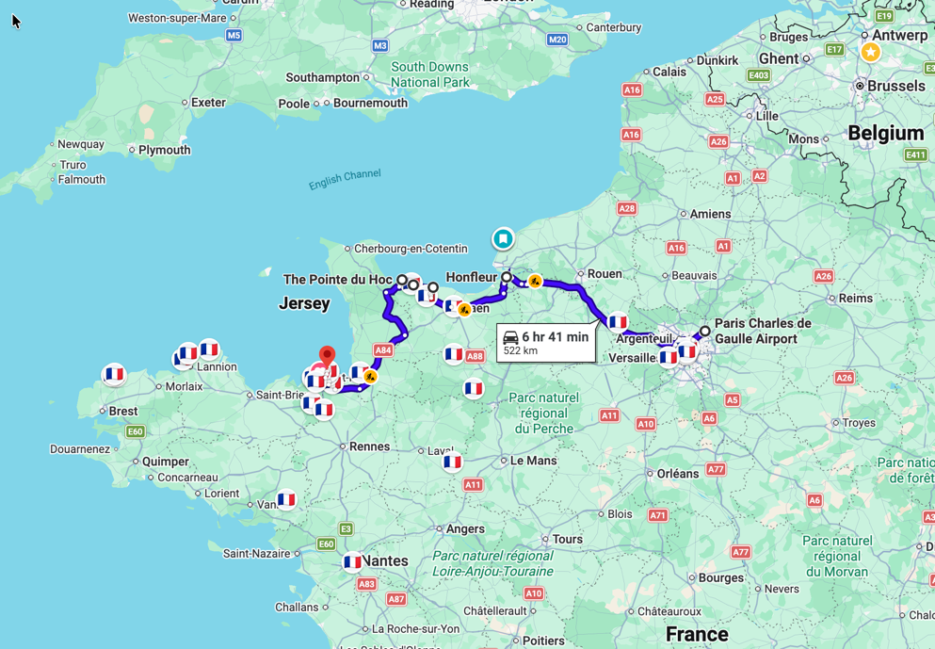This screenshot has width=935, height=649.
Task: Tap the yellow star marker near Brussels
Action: [871, 52]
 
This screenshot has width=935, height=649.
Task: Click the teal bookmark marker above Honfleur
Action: [504, 238]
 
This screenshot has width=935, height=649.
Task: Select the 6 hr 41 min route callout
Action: [546, 343]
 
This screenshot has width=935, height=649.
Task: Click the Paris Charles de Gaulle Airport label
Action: [763, 331]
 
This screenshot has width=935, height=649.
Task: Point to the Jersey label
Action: [304, 303]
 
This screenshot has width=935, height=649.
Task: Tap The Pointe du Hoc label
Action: [337, 280]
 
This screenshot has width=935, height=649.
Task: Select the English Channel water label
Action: [345, 179]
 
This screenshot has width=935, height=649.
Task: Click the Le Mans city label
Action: [533, 461]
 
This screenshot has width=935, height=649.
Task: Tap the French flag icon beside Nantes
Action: [353, 561]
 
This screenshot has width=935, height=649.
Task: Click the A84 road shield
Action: [382, 350]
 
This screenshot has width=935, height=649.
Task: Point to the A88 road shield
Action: [475, 356]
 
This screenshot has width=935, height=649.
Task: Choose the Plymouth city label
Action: [164, 150]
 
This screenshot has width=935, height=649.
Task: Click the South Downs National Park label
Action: [430, 74]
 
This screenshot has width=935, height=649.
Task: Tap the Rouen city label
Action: [605, 274]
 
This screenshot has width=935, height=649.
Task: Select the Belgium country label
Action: [885, 133]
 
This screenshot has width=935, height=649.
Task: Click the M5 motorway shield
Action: [234, 35]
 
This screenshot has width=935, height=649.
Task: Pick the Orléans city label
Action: [677, 474]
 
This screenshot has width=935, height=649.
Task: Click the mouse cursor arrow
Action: [16, 21]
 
